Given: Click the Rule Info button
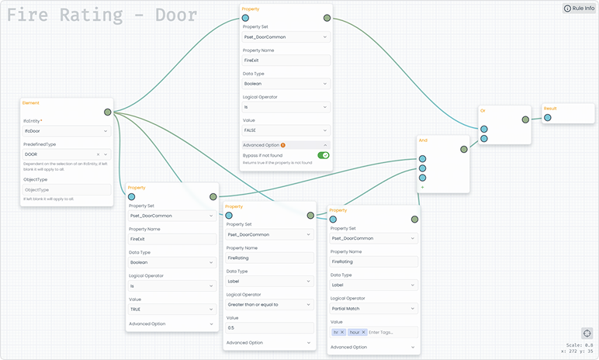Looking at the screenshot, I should coord(579,9).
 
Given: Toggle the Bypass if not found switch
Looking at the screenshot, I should coord(323,155).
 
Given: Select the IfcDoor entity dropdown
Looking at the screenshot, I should coord(67,132).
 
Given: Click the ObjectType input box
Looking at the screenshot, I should coord(67,189).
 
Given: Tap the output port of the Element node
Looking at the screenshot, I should coord(107,112).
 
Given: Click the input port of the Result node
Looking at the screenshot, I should coord(547,118).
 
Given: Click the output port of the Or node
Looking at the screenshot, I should coord(525,119).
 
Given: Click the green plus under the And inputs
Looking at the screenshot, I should coord(423,187).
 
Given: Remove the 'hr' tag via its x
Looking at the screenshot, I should coord(342,332).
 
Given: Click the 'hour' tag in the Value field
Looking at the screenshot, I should coord(355,332).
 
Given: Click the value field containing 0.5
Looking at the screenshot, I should coord(268,328).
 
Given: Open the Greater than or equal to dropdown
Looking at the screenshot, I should coord(268,305).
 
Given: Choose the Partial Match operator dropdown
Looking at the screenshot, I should coord(373,308).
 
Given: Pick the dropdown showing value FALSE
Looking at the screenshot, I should coord(286,130).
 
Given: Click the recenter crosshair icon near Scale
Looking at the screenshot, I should coord(586,334).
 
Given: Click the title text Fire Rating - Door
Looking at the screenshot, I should coord(102,15).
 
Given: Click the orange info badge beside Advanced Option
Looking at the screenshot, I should coord(283,145).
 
